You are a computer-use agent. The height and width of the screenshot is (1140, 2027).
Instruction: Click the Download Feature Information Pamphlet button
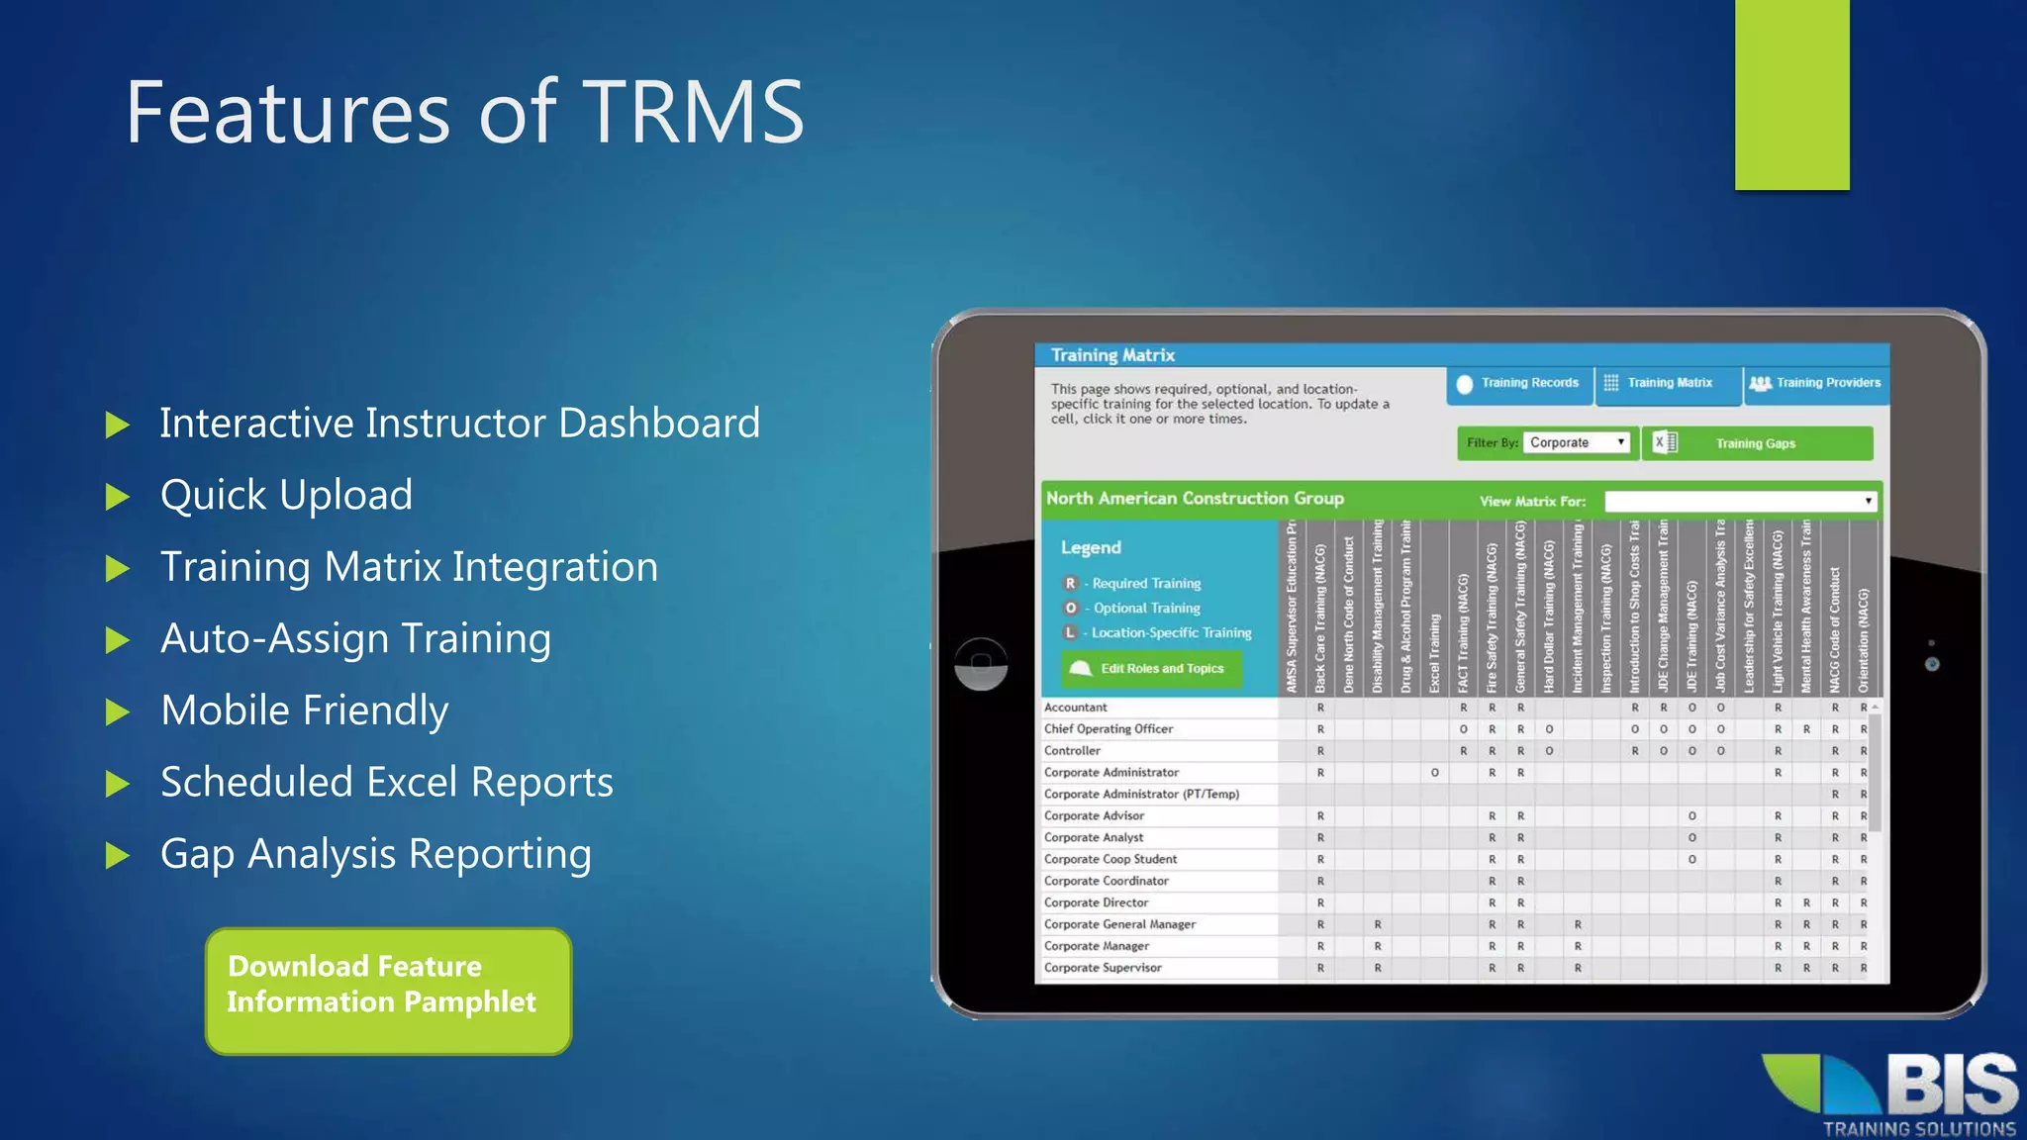(x=388, y=991)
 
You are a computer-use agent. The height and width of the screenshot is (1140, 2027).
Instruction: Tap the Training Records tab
(x=1519, y=384)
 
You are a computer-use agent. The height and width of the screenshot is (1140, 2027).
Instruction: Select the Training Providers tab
(x=1816, y=384)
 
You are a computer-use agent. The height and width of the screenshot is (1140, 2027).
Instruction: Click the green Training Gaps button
(x=1756, y=443)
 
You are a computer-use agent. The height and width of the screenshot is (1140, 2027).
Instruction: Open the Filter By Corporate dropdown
(x=1577, y=442)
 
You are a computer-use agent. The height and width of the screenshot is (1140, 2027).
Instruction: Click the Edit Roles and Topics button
(x=1151, y=669)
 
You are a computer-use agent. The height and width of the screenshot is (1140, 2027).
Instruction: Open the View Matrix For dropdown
(x=1739, y=502)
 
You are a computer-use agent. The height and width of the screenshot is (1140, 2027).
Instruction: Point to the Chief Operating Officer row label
(x=1109, y=729)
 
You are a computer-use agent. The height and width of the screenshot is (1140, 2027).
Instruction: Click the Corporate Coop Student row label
(x=1110, y=859)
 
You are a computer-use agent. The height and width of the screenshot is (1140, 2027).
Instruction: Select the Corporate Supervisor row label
(x=1103, y=968)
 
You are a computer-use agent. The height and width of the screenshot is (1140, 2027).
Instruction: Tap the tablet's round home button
(x=981, y=663)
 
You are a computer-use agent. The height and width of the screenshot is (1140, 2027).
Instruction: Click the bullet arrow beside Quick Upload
(x=118, y=496)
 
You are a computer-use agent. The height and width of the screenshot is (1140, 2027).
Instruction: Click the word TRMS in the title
(x=693, y=112)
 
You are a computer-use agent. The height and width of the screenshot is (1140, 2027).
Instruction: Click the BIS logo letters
(x=1951, y=1086)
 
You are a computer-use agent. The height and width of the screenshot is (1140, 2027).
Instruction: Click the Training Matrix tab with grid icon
(x=1668, y=384)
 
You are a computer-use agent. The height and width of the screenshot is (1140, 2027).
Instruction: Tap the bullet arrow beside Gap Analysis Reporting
(x=118, y=855)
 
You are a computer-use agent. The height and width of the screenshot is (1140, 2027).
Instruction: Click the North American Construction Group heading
(x=1195, y=499)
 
